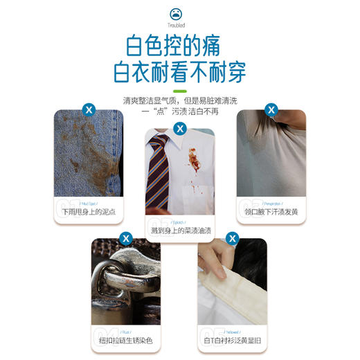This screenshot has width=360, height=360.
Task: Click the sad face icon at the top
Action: [180, 15]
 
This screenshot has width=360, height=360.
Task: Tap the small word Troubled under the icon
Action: [180, 27]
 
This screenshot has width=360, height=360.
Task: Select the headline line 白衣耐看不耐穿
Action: [180, 72]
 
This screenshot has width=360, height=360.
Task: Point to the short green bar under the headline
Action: [180, 91]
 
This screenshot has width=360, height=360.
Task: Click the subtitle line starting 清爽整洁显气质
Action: [180, 100]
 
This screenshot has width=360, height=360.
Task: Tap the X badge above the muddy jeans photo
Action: [88, 109]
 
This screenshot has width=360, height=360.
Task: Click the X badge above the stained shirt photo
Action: [180, 129]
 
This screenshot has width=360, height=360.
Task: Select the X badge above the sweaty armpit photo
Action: [271, 109]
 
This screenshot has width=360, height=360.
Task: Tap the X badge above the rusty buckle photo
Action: [126, 238]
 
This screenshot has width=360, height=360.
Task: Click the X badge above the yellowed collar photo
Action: [233, 238]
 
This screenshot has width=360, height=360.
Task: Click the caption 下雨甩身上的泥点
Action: [88, 210]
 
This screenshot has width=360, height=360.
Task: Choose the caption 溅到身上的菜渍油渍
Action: [180, 229]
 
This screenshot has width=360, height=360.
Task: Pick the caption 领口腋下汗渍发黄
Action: [271, 210]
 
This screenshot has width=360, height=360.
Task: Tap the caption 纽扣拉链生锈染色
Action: [126, 339]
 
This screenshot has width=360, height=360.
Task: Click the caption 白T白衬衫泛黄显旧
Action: [233, 339]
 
